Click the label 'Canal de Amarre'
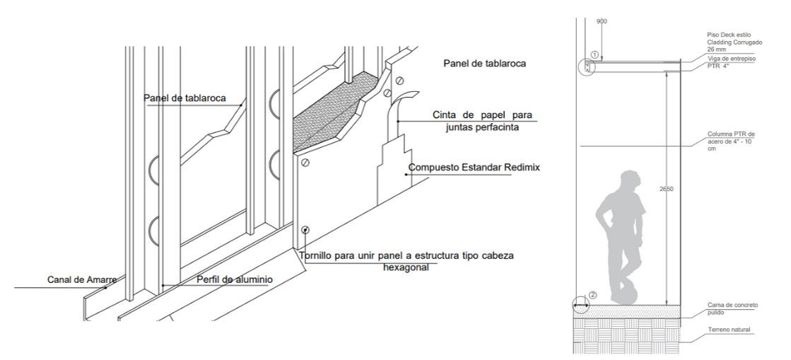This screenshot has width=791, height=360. (82, 279)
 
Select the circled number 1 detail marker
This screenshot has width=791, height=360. (595, 54)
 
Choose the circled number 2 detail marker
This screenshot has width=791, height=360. (592, 295)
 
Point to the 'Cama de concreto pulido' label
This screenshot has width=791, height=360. (732, 308)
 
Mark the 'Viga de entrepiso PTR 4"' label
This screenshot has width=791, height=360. (731, 62)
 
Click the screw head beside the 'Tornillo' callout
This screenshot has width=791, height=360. (305, 230)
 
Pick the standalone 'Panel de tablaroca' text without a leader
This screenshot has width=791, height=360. (484, 64)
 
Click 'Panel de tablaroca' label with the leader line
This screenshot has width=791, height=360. (184, 98)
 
